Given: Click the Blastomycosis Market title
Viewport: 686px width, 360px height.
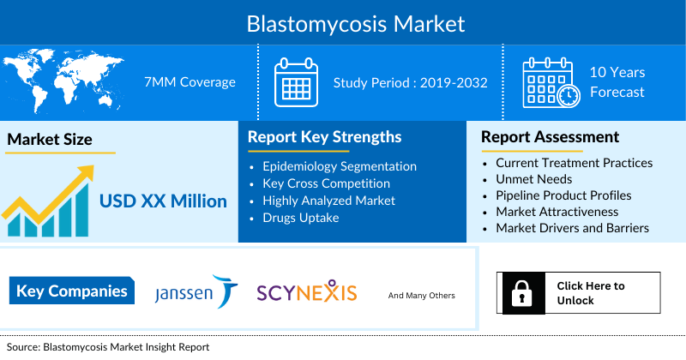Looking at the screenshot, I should (x=343, y=22).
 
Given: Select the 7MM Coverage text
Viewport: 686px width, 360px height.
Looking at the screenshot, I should (x=190, y=82).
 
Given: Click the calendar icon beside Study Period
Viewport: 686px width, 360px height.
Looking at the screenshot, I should (x=296, y=82).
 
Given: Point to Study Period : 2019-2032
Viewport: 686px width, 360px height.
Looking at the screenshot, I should (x=410, y=82).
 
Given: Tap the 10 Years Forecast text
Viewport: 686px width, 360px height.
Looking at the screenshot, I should (x=617, y=82).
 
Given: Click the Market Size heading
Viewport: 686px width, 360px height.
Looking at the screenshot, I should (x=50, y=139).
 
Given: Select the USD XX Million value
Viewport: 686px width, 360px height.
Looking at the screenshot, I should (x=163, y=201).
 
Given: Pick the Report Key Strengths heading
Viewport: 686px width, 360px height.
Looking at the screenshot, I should (x=324, y=137).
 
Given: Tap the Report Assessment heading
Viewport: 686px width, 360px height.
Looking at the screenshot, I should (x=550, y=137).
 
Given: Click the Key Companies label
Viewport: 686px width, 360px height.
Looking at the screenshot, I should (x=72, y=291).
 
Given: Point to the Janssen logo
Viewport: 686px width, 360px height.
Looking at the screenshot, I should (x=196, y=292).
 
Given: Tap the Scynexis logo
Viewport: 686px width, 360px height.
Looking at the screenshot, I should (x=306, y=292).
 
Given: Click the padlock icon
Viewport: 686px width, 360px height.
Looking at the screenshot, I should (x=521, y=294).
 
